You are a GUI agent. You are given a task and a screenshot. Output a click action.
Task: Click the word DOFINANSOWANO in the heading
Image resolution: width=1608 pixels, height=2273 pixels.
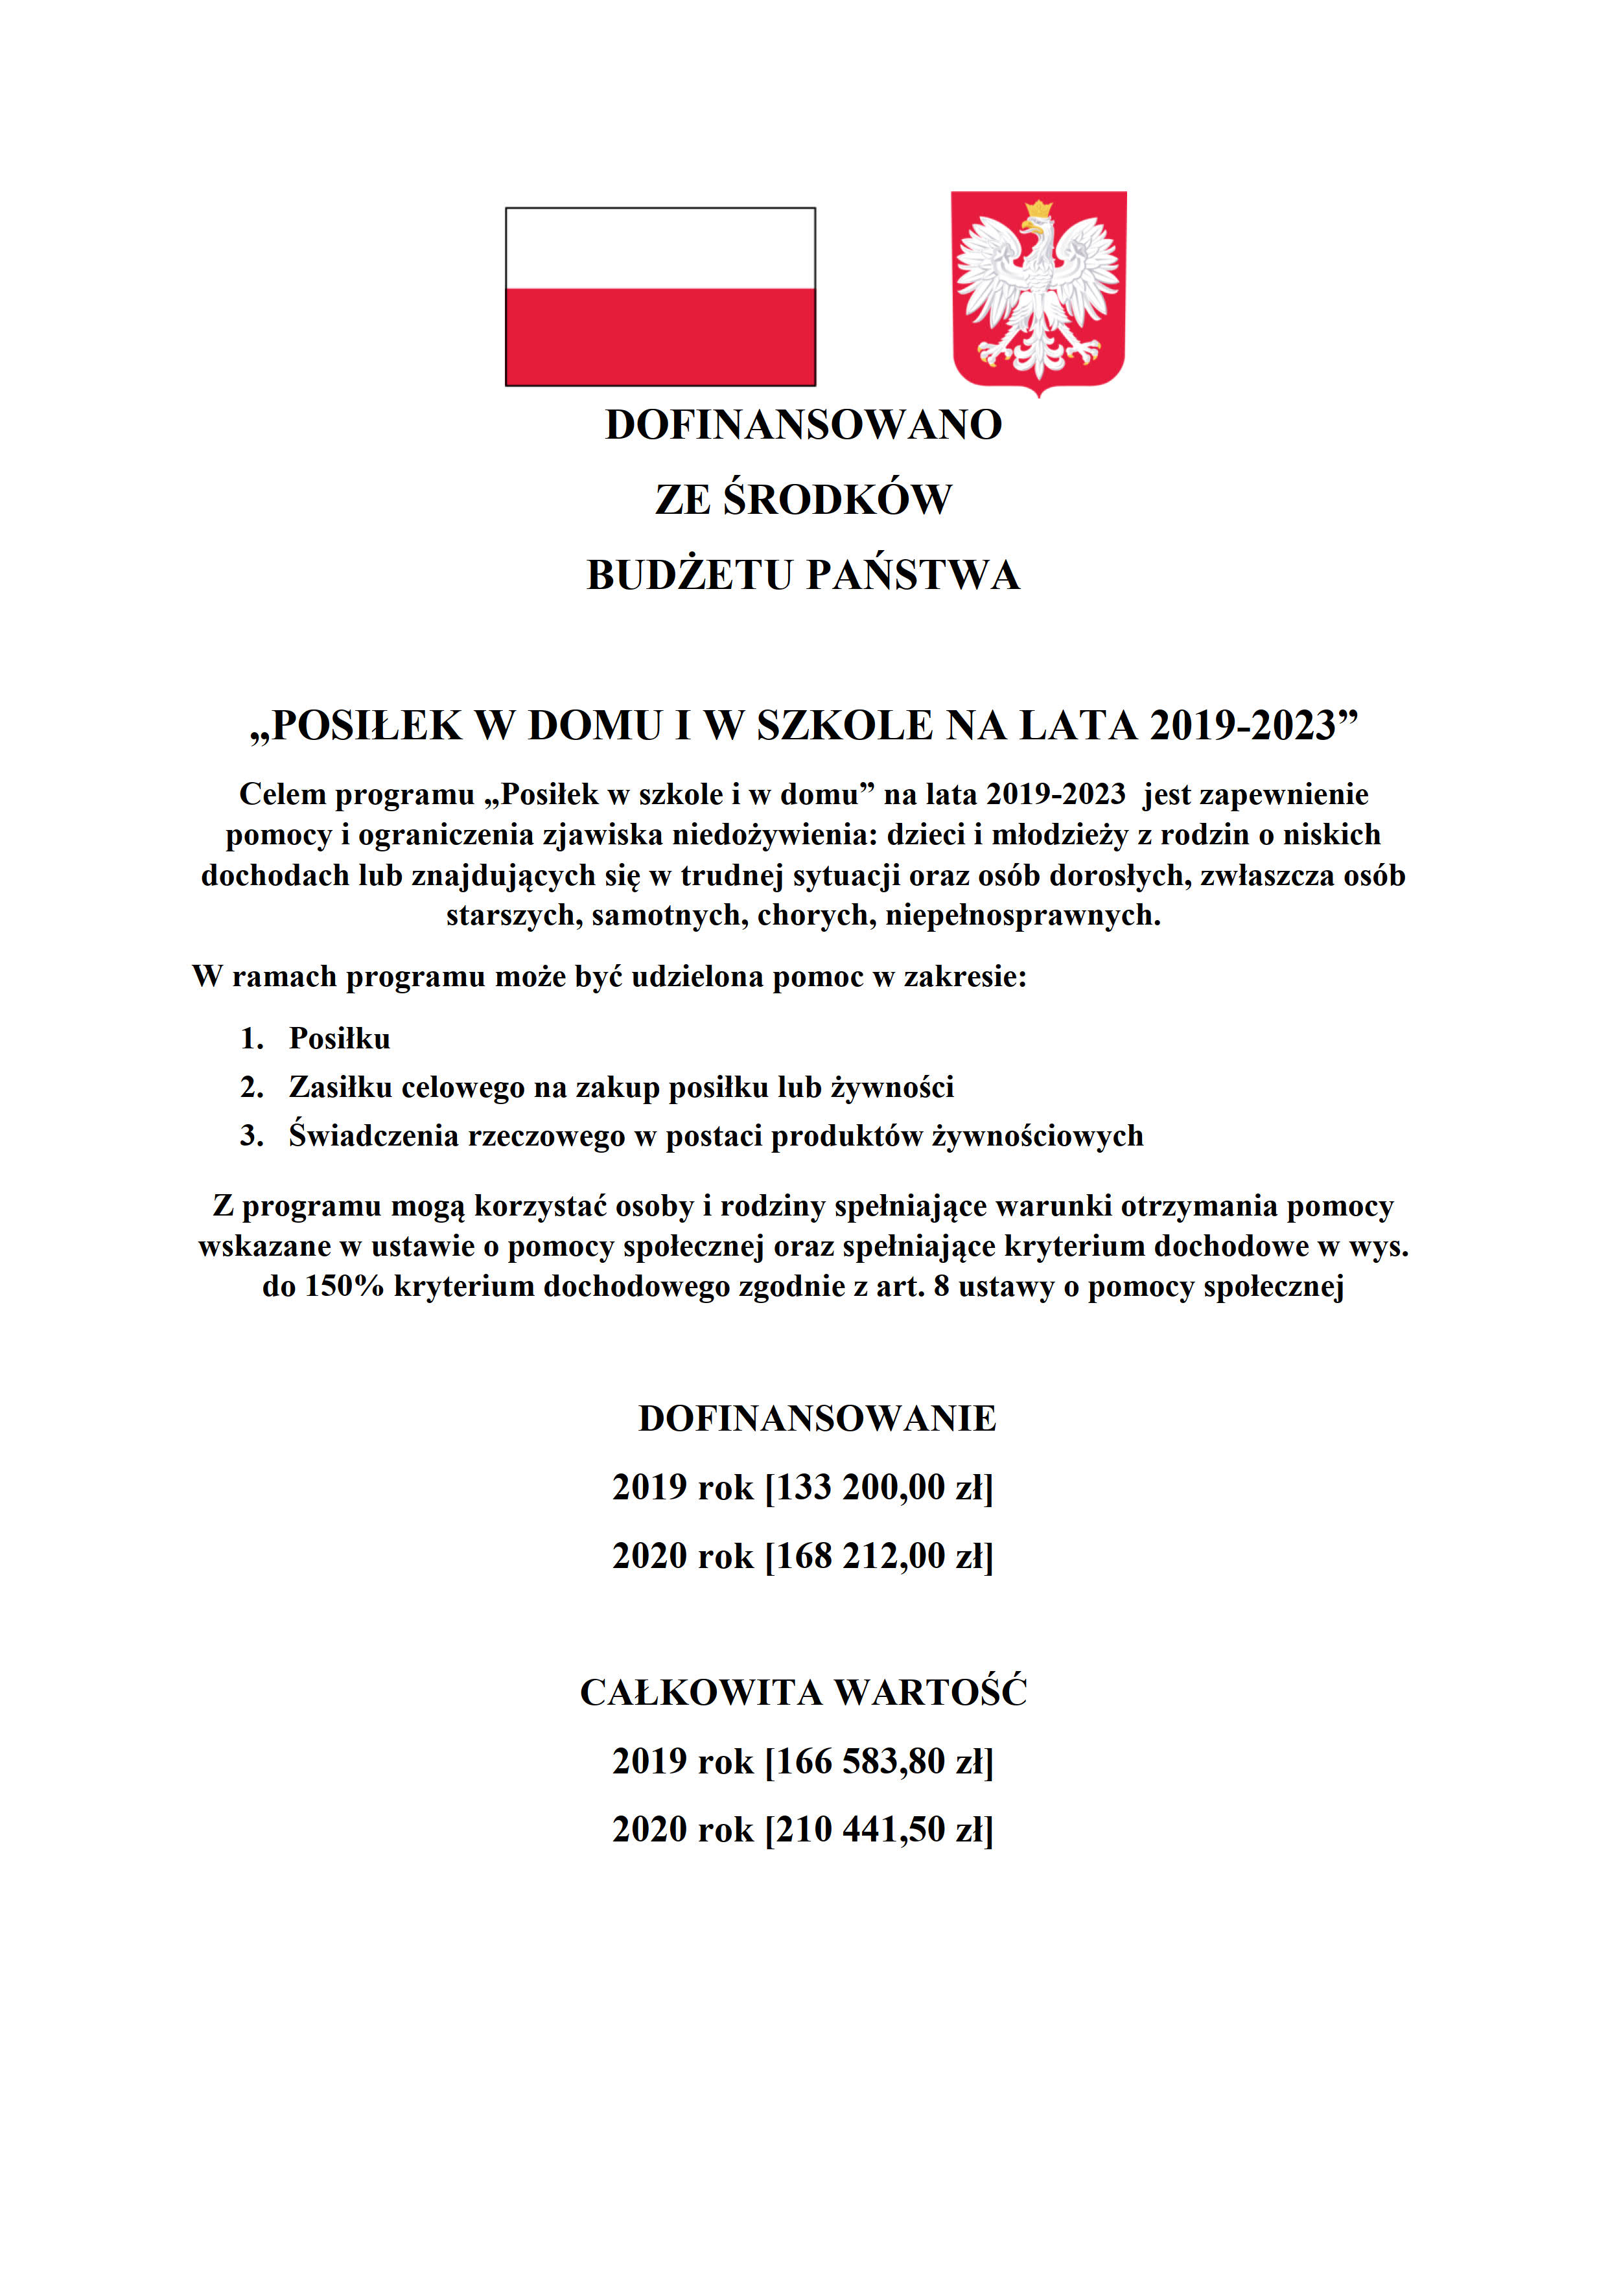[x=803, y=424]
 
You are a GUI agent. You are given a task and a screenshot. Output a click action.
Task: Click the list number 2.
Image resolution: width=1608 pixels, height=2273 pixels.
[x=251, y=1087]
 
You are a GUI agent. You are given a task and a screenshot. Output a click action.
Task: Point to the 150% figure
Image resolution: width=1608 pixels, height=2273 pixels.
[x=345, y=1286]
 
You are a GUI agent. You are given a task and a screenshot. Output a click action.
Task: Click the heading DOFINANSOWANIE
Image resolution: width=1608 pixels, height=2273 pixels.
[x=817, y=1418]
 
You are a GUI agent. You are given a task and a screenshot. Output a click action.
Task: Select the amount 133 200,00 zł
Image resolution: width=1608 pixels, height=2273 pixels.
[x=880, y=1487]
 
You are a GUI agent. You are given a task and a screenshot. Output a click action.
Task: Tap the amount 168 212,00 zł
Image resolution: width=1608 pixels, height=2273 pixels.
[x=880, y=1555]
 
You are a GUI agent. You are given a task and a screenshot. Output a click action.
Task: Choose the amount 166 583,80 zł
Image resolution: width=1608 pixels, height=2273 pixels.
[x=880, y=1761]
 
